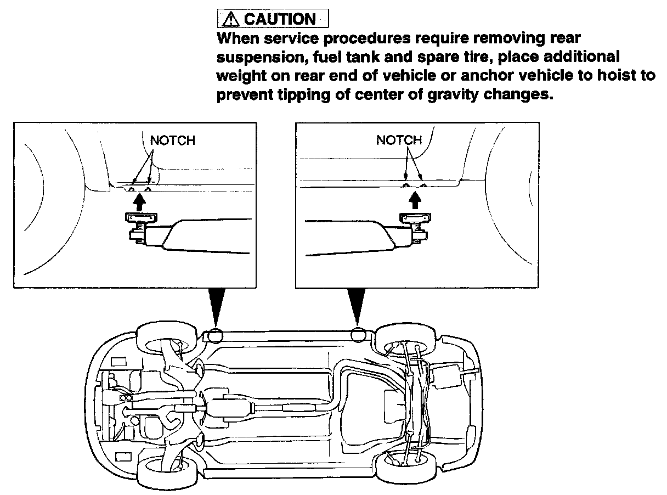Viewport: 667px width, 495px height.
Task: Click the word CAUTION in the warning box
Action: (279, 19)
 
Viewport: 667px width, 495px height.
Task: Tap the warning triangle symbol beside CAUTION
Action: (230, 19)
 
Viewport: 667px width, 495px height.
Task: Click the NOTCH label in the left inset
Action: (172, 140)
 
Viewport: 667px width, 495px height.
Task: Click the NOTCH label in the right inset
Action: (399, 140)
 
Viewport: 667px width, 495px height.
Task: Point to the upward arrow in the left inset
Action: (139, 203)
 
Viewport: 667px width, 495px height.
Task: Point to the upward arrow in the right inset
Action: (415, 201)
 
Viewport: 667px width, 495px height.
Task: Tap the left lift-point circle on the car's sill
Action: (215, 334)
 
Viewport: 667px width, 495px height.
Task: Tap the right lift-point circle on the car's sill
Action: (359, 333)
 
